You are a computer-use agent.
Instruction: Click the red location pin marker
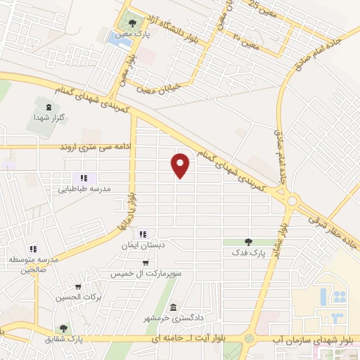181,165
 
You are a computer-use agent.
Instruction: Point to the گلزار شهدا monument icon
47,107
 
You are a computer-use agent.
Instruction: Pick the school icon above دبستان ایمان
143,234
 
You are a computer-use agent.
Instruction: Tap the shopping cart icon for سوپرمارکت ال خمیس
145,262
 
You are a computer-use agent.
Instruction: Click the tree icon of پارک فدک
247,242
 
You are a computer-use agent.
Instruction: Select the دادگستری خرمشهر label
174,317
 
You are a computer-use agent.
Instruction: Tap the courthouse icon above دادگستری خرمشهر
173,307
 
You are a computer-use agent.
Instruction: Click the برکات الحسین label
79,297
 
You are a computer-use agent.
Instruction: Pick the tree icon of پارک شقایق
64,328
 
